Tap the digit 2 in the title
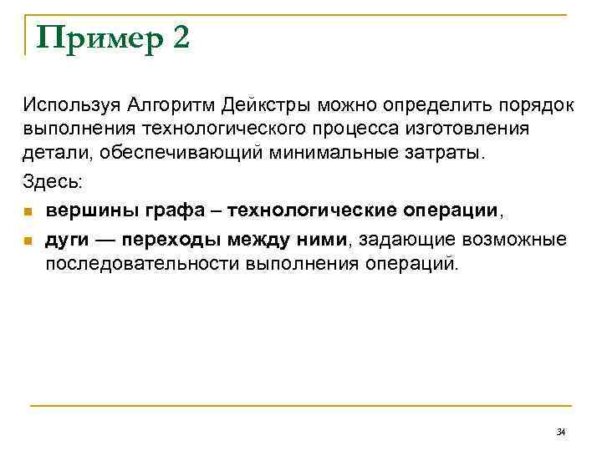(181, 38)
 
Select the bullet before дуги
(28, 241)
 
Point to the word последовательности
(142, 264)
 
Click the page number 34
(560, 432)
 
